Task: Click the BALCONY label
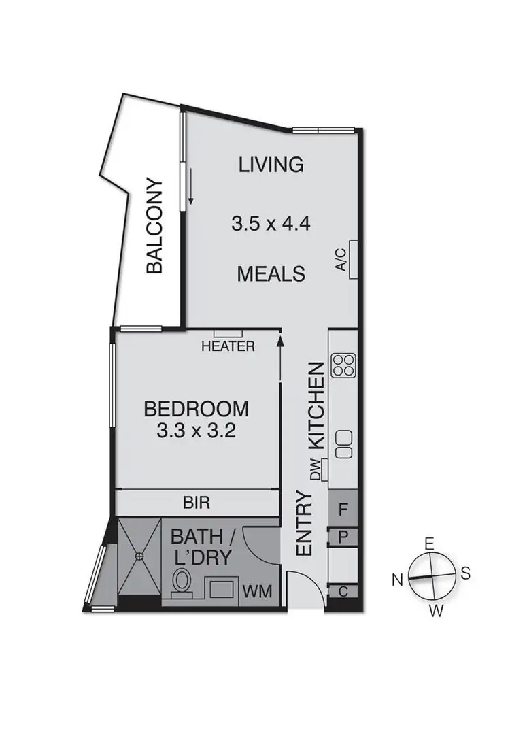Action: (x=156, y=227)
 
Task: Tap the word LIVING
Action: (x=270, y=165)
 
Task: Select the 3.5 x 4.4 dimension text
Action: (x=270, y=224)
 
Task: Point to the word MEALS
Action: (x=270, y=274)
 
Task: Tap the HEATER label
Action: (x=228, y=346)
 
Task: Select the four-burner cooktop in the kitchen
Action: (x=343, y=365)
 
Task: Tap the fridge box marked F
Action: (x=343, y=508)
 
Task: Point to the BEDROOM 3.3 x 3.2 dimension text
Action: (x=197, y=431)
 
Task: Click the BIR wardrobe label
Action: (x=197, y=504)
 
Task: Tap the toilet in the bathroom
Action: (x=182, y=584)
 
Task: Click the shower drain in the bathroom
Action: (x=139, y=556)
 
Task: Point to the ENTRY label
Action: (x=304, y=524)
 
